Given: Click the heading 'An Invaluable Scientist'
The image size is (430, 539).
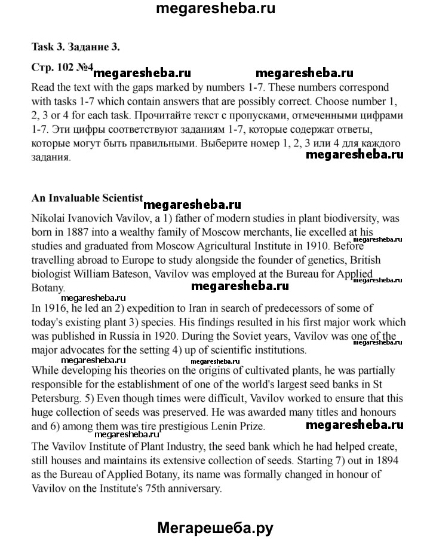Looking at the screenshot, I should [x=87, y=198].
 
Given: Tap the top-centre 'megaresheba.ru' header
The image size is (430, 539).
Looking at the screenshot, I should [x=214, y=10].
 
